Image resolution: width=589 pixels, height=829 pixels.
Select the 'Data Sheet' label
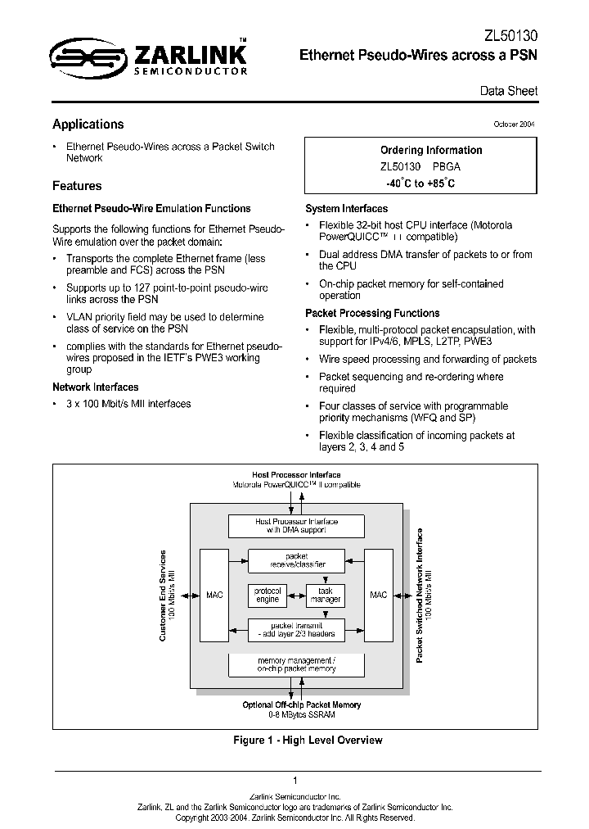(x=509, y=91)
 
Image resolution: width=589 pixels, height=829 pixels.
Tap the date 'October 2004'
(x=515, y=124)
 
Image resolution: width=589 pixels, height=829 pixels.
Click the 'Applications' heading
(x=88, y=125)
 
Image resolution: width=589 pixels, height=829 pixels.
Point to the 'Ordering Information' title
(x=431, y=150)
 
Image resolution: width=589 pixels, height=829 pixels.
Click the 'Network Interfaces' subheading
(x=96, y=387)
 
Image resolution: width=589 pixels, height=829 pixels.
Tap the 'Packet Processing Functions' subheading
(x=372, y=313)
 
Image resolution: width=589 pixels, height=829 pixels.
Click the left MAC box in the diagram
(x=215, y=595)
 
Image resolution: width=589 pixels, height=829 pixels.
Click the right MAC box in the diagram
(x=378, y=595)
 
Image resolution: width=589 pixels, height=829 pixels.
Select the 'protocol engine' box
(x=268, y=596)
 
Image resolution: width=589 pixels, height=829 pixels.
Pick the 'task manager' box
(x=325, y=596)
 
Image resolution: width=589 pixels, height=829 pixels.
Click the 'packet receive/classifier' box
(x=296, y=560)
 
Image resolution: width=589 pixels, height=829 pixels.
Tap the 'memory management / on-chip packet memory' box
(x=296, y=664)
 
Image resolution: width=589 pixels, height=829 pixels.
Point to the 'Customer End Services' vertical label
(x=164, y=595)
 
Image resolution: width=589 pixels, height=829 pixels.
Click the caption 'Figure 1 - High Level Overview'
(x=308, y=741)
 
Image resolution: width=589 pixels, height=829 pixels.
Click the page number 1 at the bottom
(x=294, y=781)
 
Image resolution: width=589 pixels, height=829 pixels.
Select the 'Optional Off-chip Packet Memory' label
(x=302, y=704)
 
